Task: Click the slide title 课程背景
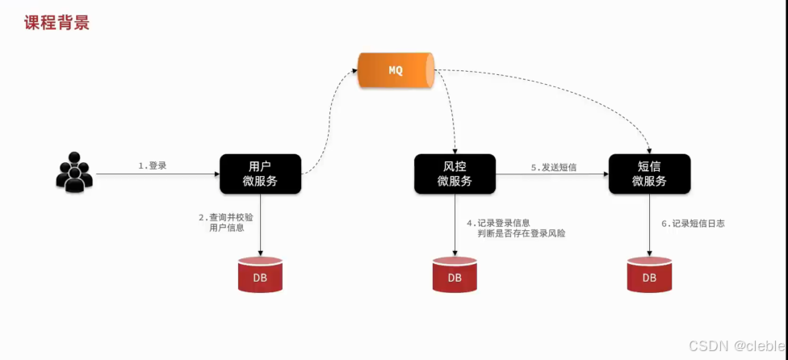point(56,22)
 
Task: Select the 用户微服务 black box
point(260,174)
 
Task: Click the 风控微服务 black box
point(455,174)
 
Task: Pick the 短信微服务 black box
point(649,174)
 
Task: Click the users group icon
point(73,171)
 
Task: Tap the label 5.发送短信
point(553,167)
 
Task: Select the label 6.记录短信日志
point(693,224)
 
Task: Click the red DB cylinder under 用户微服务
point(260,275)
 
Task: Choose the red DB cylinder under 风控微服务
point(455,275)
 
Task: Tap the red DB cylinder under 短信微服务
point(649,275)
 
